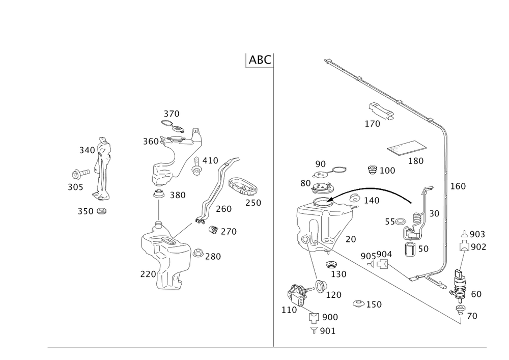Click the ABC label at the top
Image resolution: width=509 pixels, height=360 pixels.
point(259,60)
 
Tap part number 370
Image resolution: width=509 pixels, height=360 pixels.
point(172,113)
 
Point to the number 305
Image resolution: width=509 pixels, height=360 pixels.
point(75,187)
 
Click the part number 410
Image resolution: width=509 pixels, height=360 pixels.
point(210,160)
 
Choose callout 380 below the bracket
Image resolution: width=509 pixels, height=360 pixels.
point(177,195)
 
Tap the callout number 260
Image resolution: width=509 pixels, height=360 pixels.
point(223,209)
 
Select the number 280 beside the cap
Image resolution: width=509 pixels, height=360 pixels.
point(213,256)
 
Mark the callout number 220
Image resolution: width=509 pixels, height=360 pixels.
point(148,274)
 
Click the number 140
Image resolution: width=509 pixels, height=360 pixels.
point(372,201)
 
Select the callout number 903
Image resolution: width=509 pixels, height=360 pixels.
point(477,234)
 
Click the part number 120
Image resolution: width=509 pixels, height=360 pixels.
point(334,294)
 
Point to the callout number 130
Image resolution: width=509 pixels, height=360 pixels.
point(338,273)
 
